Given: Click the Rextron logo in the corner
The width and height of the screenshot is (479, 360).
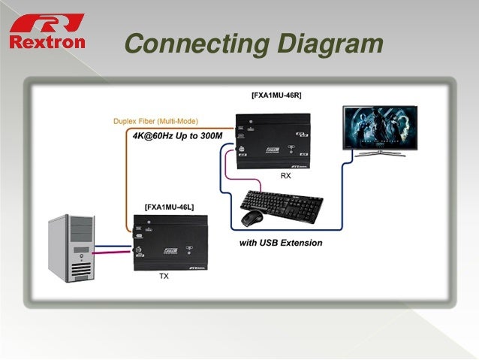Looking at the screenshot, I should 47,30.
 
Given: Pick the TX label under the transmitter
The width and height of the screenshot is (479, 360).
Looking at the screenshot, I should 164,277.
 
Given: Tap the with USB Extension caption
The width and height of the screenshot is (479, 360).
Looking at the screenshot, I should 281,243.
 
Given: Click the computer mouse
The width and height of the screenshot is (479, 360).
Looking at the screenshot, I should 251,218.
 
